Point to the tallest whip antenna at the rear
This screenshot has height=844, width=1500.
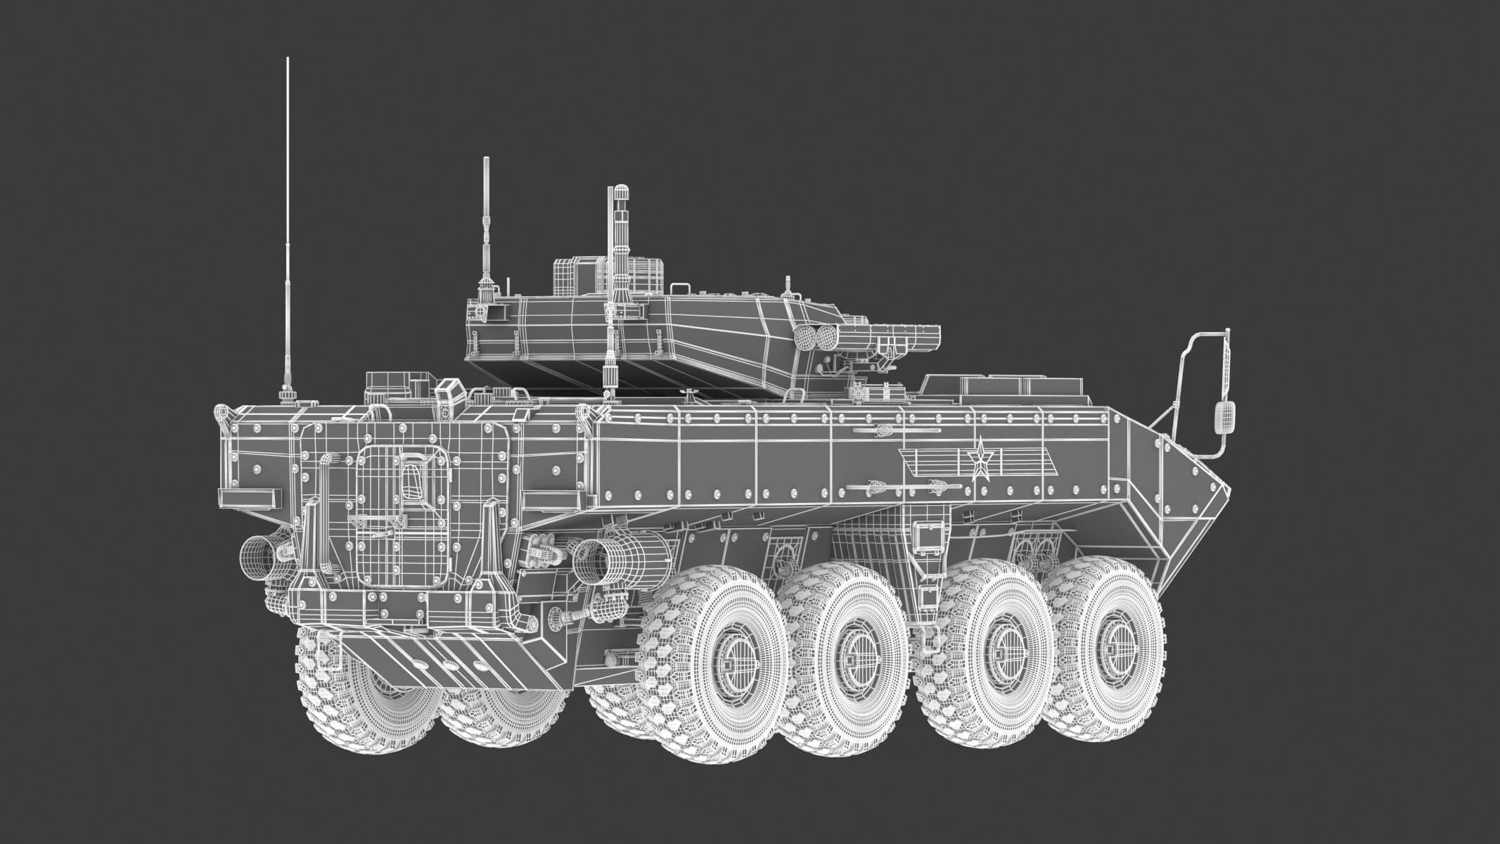coord(288,232)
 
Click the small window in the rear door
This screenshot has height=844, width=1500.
coord(411,485)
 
